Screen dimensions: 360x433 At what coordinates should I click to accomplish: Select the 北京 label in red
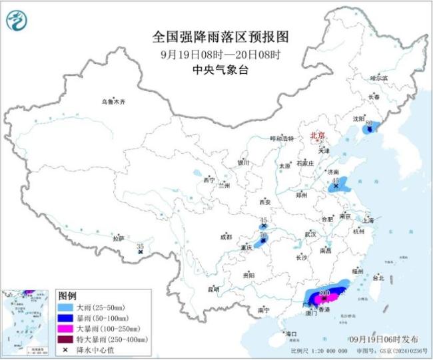(318, 136)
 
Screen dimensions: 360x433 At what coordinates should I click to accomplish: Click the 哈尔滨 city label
(378, 78)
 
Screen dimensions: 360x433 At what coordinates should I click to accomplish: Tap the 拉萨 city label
(119, 238)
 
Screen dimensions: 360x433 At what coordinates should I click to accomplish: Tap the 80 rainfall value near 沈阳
(368, 124)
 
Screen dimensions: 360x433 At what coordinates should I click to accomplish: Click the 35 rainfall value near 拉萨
(140, 246)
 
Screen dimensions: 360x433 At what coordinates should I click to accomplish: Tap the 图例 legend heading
(68, 295)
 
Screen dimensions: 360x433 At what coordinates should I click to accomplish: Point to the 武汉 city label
(311, 234)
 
